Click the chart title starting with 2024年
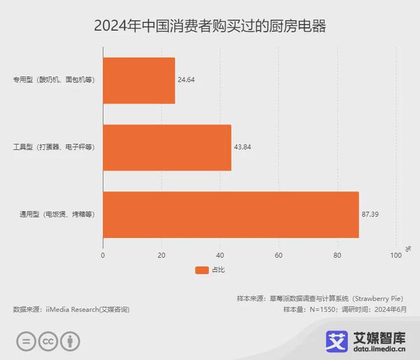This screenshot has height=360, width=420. point(209,26)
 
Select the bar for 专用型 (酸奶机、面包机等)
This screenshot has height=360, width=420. point(139,81)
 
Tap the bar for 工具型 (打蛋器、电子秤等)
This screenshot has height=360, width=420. point(167,148)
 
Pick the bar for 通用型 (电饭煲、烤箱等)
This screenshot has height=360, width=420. point(230,215)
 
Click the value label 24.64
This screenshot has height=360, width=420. point(186,81)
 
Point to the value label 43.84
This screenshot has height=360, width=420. point(242,148)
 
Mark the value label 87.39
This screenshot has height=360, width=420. point(370,215)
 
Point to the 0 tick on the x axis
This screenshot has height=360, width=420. point(103,255)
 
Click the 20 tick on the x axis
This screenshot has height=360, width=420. point(162,255)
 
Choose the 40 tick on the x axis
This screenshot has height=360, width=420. point(220,255)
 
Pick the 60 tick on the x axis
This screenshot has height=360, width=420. point(279,255)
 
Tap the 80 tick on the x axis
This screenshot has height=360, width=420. point(337,255)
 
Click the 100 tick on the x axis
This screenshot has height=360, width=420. point(396,255)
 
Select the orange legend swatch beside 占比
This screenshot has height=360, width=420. point(201,270)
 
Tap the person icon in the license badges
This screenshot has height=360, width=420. point(71,342)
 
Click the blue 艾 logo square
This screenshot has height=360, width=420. point(337,340)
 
